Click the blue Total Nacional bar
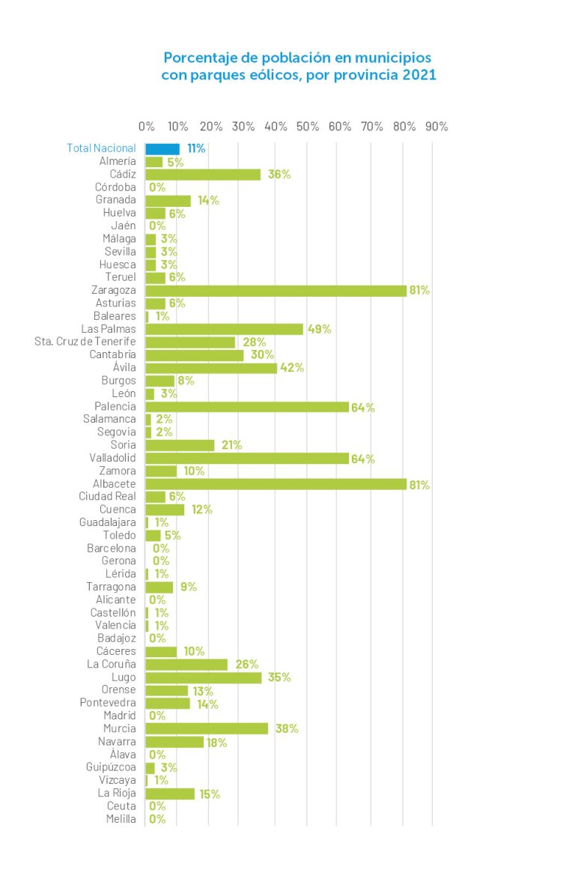tap(162, 148)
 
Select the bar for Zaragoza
tap(276, 290)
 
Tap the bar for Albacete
tap(276, 484)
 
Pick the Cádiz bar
tap(203, 175)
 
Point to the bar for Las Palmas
tap(224, 329)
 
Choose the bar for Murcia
tap(207, 728)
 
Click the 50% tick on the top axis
tap(308, 126)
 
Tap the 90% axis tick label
tap(436, 126)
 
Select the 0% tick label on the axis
tap(147, 126)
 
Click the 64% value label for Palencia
tap(363, 407)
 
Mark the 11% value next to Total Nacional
tap(196, 148)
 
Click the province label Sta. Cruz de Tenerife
tap(85, 342)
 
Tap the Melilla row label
tap(121, 819)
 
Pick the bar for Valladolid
tap(247, 459)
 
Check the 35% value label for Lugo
tap(279, 677)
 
